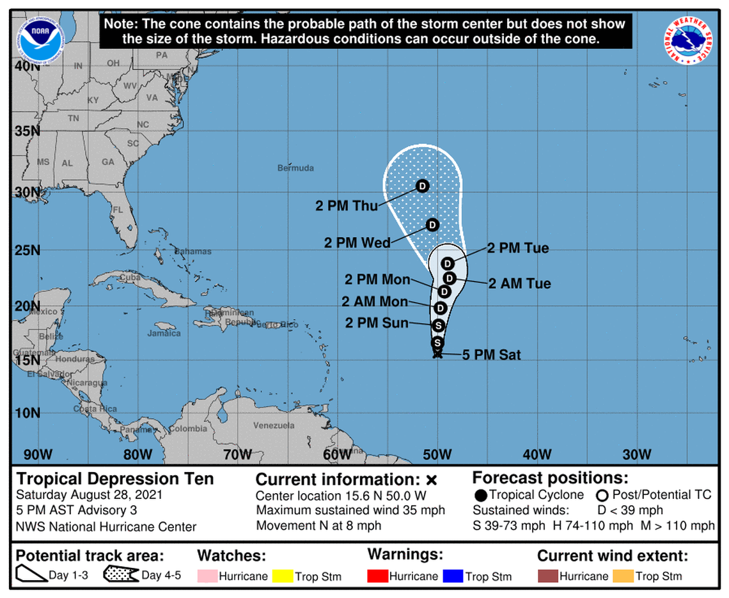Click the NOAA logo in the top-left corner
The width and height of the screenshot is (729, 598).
pyautogui.click(x=37, y=38)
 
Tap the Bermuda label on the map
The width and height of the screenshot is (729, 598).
pyautogui.click(x=295, y=168)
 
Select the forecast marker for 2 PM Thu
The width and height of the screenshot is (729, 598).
pyautogui.click(x=422, y=186)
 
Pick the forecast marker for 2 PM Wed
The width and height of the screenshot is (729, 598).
pyautogui.click(x=432, y=225)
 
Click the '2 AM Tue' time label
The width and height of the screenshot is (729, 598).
pyautogui.click(x=519, y=283)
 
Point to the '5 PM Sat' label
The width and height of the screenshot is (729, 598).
pyautogui.click(x=491, y=354)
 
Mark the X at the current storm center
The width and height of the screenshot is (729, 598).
pyautogui.click(x=437, y=354)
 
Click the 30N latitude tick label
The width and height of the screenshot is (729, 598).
pyautogui.click(x=27, y=193)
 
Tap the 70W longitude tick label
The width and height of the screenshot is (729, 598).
pyautogui.click(x=237, y=455)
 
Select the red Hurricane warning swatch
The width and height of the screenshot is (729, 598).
pyautogui.click(x=378, y=576)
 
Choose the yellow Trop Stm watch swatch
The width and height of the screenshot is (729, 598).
pyautogui.click(x=282, y=576)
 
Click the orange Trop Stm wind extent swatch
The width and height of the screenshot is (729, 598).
pyautogui.click(x=622, y=576)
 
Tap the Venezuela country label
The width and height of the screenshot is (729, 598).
pyautogui.click(x=274, y=425)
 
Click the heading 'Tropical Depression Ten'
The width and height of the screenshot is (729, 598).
pyautogui.click(x=115, y=478)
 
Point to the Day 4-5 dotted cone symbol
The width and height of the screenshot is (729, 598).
pyautogui.click(x=121, y=575)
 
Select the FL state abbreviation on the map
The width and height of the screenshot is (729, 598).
pyautogui.click(x=117, y=210)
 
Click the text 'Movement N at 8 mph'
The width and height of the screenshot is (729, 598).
pyautogui.click(x=319, y=526)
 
